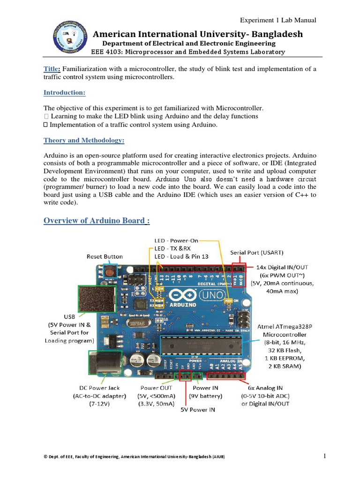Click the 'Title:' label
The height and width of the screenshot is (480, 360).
pos(52,69)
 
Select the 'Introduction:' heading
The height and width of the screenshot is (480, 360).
pos(64,93)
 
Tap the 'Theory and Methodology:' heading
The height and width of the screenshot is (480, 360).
pos(84,141)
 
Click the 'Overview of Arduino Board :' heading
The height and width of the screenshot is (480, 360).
pos(97,220)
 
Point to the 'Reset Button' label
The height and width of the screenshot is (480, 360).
pos(105,256)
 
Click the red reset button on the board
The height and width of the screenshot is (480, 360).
pos(111,270)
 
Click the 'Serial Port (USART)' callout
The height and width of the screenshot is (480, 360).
pos(257,252)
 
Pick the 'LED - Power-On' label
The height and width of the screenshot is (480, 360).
pos(176,240)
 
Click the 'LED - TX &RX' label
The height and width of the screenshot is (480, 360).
pos(172,248)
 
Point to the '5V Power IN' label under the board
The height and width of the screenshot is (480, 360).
pos(198,409)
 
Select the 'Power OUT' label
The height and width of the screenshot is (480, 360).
pos(156,388)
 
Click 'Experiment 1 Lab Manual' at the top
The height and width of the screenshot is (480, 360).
pos(278,20)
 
